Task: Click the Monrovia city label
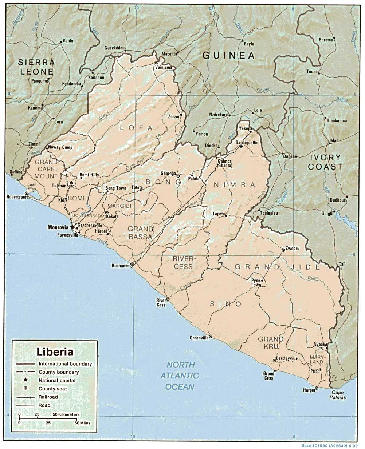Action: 58,227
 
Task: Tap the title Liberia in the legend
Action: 55,352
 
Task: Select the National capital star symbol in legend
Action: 25,380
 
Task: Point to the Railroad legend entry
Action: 48,397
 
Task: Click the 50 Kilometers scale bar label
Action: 66,414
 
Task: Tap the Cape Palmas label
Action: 337,395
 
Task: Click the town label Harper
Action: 309,390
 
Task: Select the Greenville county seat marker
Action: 211,337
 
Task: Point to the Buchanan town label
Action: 120,266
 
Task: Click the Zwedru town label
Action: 292,249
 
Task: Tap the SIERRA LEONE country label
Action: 36,67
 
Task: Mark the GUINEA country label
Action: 228,55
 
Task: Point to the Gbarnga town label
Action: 168,174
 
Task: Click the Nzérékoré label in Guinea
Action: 218,115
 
